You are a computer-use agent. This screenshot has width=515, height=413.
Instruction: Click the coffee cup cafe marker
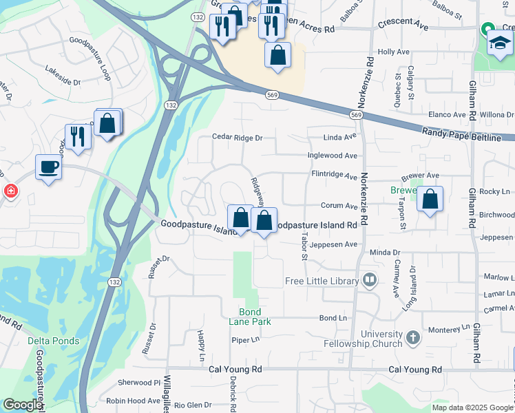[x=48, y=167]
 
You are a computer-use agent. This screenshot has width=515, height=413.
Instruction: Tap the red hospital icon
[x=10, y=191]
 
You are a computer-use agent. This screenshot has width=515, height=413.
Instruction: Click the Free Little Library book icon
[x=370, y=280]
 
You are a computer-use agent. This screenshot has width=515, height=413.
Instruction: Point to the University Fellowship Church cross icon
[x=412, y=337]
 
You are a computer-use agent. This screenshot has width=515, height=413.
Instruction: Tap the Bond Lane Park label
[x=250, y=316]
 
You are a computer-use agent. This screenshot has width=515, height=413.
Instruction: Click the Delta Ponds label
[x=54, y=341]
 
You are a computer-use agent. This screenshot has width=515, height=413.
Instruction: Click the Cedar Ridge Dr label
[x=238, y=138]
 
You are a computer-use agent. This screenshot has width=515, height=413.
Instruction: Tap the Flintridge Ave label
[x=335, y=176]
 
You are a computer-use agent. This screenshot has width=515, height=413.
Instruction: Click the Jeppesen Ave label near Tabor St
[x=335, y=244]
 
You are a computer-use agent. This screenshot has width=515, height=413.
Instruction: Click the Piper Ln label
[x=244, y=339]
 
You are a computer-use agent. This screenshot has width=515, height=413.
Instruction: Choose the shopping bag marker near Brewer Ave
[x=430, y=200]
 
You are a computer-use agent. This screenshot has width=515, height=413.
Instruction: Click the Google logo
[x=22, y=405]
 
